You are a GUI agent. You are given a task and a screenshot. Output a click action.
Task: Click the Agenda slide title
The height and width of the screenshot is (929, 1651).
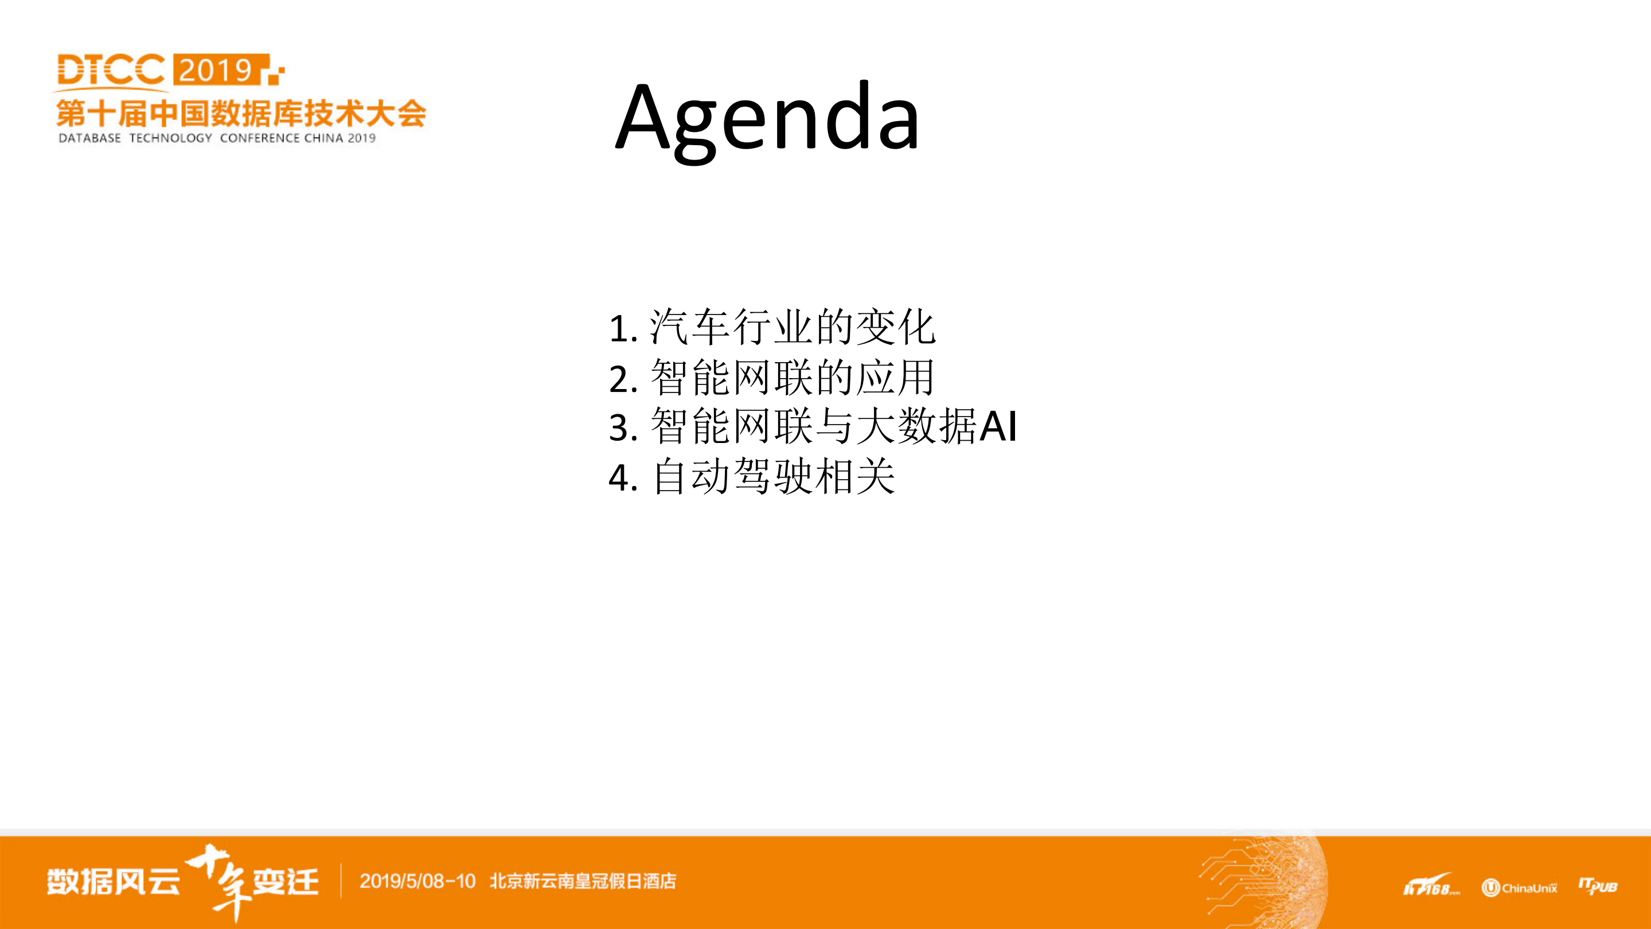[767, 118]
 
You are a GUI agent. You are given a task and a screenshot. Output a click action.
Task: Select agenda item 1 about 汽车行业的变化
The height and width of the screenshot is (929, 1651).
[772, 328]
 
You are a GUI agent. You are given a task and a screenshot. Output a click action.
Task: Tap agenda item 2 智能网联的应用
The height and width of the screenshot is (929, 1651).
[772, 378]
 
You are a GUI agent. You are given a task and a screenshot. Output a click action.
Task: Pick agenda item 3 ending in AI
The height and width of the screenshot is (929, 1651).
[812, 427]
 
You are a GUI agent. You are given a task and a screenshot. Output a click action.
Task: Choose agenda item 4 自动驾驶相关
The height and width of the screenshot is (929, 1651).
[751, 477]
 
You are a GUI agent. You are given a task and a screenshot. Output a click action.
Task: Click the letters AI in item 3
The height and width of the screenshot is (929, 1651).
[998, 426]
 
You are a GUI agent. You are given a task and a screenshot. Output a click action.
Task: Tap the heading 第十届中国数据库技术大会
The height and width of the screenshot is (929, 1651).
[241, 114]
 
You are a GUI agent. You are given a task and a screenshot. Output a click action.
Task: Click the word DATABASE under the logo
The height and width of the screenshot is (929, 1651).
[89, 138]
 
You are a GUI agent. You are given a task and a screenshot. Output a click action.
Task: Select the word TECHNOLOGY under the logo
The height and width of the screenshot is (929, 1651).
[170, 138]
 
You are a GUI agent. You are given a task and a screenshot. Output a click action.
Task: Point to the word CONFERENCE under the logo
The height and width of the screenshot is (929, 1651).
[260, 138]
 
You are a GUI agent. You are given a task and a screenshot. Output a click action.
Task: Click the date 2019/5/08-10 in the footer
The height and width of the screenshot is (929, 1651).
[417, 881]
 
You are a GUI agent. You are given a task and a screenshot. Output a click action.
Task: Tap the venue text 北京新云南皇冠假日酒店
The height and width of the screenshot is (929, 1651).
[583, 881]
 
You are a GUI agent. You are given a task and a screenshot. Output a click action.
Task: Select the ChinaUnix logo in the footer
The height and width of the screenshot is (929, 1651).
[1519, 888]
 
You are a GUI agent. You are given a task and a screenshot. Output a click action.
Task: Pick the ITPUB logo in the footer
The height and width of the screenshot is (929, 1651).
[1598, 886]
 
